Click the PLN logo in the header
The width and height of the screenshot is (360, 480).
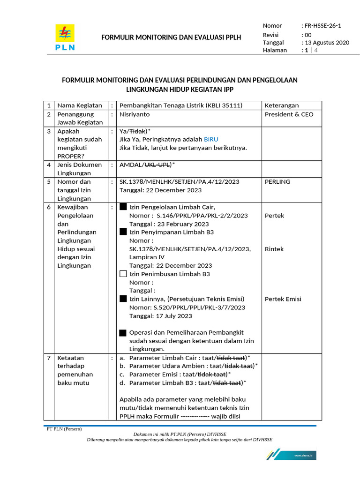(x=65, y=37)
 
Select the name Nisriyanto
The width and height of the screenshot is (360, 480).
(x=136, y=114)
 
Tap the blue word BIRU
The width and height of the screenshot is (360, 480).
(x=210, y=139)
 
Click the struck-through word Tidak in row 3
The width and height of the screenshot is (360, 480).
(x=136, y=131)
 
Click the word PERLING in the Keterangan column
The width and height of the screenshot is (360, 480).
(x=277, y=181)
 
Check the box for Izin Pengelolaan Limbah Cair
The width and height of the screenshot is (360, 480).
(x=123, y=207)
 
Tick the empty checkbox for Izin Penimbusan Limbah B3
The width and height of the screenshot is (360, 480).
(x=123, y=274)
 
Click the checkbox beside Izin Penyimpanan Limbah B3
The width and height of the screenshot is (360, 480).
(x=123, y=232)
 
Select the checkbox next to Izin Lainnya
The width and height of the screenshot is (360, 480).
(x=123, y=299)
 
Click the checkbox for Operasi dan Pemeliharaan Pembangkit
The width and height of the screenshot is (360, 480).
(x=123, y=332)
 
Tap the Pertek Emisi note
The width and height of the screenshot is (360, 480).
(x=283, y=299)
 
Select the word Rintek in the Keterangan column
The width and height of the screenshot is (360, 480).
(x=274, y=249)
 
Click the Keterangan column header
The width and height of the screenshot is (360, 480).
(x=282, y=105)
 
